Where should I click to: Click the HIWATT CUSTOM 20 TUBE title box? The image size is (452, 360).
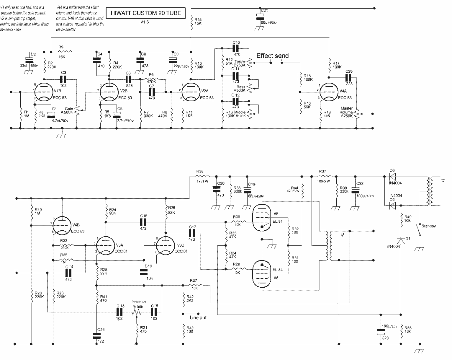(x=146, y=13)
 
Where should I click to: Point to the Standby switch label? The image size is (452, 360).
(x=429, y=226)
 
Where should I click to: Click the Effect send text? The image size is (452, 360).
(x=272, y=56)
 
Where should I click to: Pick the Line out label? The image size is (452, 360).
(x=198, y=318)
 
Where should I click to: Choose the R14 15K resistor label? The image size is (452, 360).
(x=198, y=21)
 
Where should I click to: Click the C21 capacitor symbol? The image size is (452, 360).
(x=260, y=17)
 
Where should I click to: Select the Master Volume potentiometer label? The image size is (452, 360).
(x=346, y=112)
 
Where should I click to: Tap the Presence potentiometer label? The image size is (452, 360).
(x=139, y=302)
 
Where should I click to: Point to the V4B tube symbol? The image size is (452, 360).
(x=62, y=226)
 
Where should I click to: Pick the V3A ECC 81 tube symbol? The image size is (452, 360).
(x=106, y=245)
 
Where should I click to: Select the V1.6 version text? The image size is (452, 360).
(x=145, y=22)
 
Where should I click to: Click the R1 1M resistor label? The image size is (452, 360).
(x=27, y=114)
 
